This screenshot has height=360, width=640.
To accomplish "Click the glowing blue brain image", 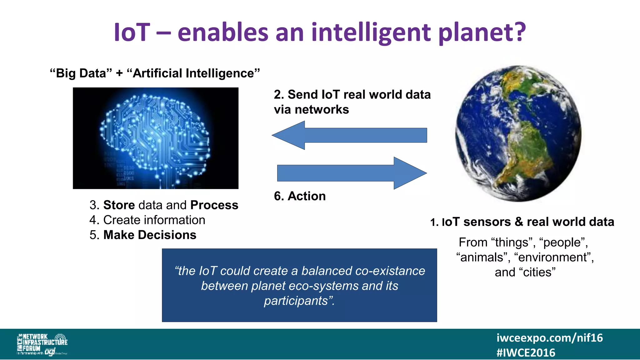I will (155, 138).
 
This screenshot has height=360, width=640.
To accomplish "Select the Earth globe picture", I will (518, 133).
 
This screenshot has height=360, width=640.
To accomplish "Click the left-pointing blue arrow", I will (349, 135).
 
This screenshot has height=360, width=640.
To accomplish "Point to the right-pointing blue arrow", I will (352, 173).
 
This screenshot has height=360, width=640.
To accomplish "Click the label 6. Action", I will (300, 196).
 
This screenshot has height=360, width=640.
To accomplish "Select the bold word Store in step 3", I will (119, 205).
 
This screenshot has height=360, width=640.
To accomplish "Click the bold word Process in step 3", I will (214, 205).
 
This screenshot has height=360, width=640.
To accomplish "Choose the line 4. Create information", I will (147, 220).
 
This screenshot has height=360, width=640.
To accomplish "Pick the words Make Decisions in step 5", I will (150, 235).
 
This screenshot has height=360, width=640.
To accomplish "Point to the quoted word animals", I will (481, 257).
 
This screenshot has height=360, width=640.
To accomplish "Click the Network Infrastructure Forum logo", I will (42, 344).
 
